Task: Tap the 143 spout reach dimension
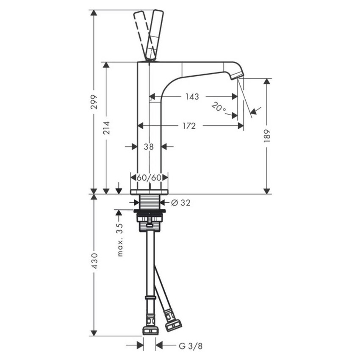click(192, 97)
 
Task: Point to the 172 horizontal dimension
click(189, 126)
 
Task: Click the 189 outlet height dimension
click(266, 136)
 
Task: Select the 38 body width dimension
click(148, 147)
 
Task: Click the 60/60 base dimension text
click(149, 177)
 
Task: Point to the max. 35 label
click(120, 240)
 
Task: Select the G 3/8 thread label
click(190, 346)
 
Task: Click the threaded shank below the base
click(149, 202)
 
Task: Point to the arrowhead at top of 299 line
click(94, 13)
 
